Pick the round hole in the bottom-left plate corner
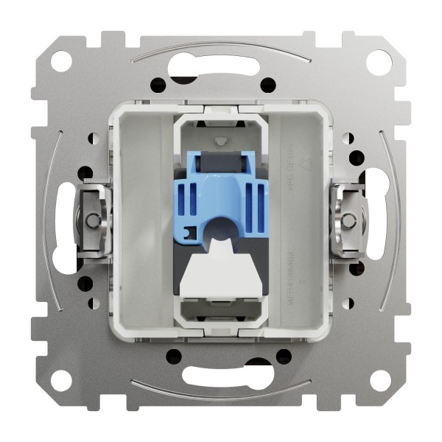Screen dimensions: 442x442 (62, 380)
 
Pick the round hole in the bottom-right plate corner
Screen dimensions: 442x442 (379, 380)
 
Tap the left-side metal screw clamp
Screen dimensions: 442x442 (91, 220)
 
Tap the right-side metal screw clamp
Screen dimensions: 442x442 (350, 220)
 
